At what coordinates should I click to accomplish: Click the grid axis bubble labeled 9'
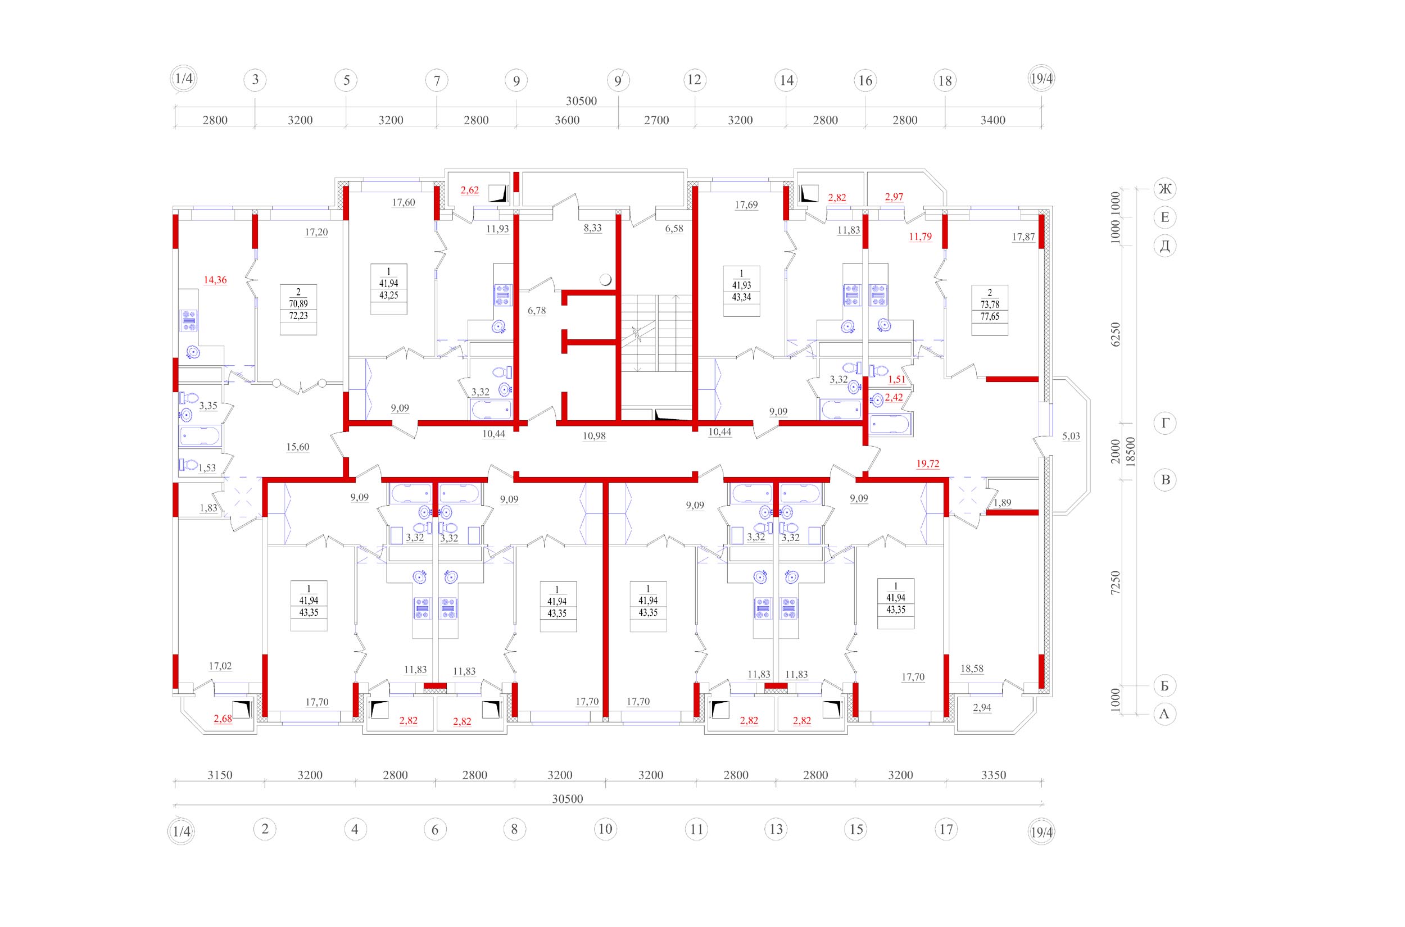pos(618,80)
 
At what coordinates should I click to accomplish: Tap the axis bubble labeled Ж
pos(1164,189)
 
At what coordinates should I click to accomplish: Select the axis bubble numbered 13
pos(776,829)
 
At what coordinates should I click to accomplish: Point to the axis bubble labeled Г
pos(1164,423)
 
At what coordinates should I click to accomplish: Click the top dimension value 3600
pos(566,120)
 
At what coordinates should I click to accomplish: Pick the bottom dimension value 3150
pos(219,775)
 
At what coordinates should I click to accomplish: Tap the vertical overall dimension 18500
pos(1130,452)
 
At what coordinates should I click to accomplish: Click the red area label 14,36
pos(215,280)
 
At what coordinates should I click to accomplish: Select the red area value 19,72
pos(927,464)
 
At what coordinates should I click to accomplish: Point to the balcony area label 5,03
pos(1071,437)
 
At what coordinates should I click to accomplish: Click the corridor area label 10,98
pos(593,437)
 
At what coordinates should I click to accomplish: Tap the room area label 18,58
pos(972,669)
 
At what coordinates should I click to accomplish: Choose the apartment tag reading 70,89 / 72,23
pos(298,309)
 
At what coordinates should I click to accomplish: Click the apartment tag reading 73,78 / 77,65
pos(990,310)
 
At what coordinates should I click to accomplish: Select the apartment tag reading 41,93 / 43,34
pos(741,292)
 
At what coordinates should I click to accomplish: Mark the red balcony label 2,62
pos(469,190)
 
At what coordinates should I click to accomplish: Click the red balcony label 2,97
pos(894,197)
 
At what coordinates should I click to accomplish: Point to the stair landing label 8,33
pos(592,228)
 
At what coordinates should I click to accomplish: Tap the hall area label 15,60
pos(297,447)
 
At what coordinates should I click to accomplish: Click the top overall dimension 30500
pos(581,101)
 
